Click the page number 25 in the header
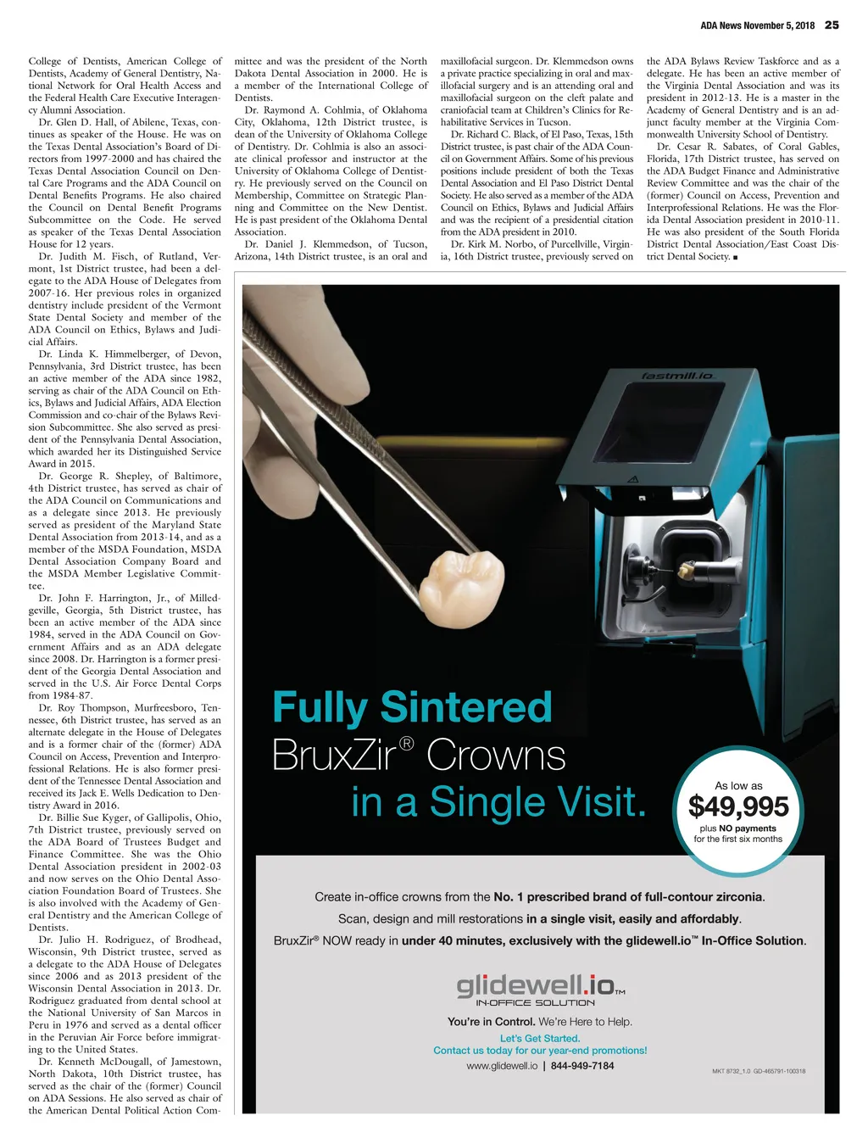[832, 25]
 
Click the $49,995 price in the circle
[738, 806]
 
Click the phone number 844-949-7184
[582, 1066]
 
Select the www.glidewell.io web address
[502, 1066]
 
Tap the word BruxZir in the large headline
[333, 756]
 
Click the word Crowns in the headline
[496, 756]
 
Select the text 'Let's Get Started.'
[540, 1038]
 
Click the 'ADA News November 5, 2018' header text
[757, 25]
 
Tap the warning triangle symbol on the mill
[631, 479]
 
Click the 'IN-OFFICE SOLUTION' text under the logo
[535, 1003]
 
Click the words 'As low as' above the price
[738, 785]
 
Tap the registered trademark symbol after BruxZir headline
[406, 744]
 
